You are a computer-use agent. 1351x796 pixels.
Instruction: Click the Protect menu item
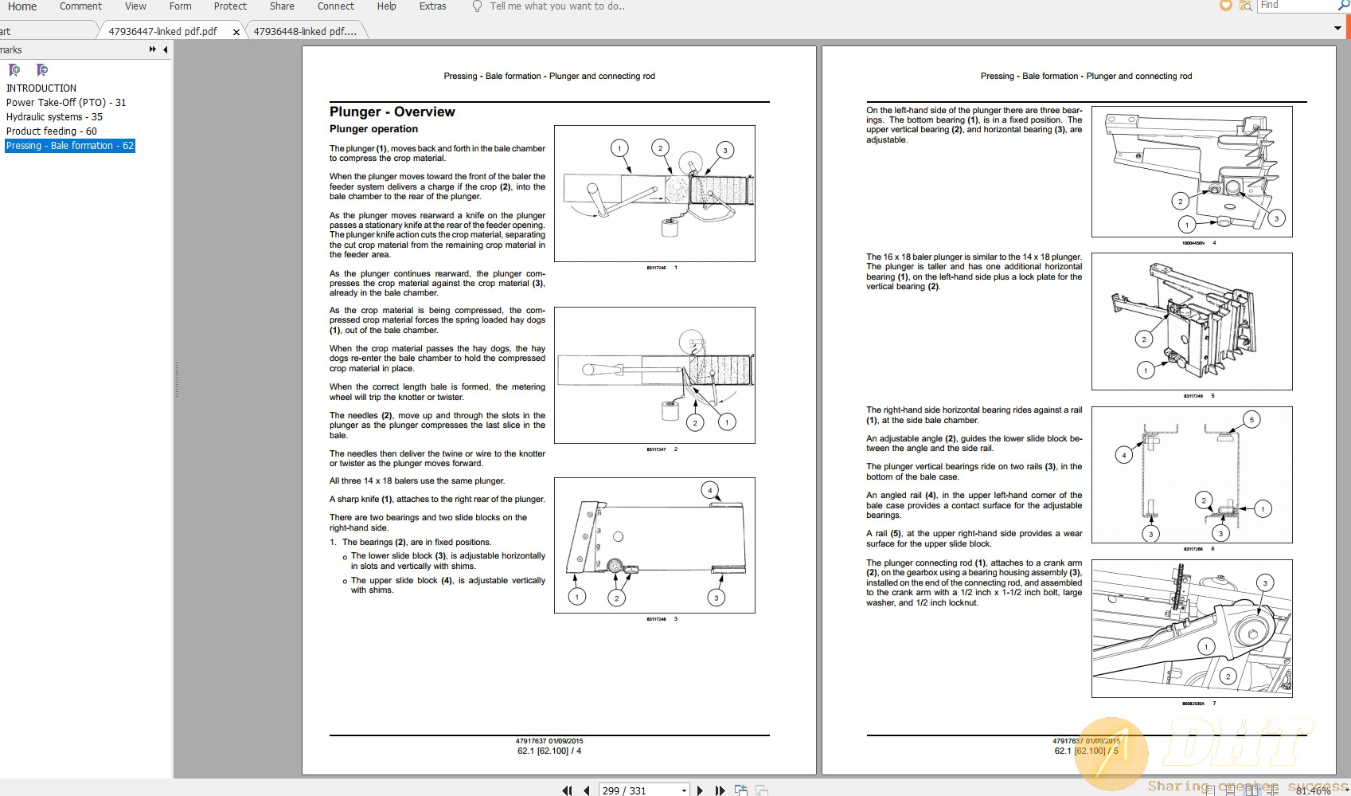tap(230, 6)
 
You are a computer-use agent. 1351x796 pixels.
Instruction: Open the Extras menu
tap(432, 6)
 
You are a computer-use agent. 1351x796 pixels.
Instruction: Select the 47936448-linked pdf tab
tap(304, 31)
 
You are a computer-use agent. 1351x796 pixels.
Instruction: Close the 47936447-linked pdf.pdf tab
tap(236, 32)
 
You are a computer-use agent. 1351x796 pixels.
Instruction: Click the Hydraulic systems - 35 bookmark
tap(54, 117)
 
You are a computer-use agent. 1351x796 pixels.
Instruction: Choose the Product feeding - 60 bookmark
tap(52, 131)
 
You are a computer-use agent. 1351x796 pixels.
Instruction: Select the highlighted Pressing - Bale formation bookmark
tap(70, 146)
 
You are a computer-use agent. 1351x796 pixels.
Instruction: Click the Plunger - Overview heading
tap(392, 112)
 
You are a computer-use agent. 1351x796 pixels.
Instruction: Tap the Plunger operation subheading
tap(373, 129)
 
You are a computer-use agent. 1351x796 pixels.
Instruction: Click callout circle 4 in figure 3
tap(709, 490)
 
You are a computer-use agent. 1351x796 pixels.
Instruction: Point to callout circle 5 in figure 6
tap(1251, 420)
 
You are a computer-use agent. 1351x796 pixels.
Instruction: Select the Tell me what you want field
tap(557, 6)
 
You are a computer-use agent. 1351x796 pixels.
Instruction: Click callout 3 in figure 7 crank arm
tap(1265, 583)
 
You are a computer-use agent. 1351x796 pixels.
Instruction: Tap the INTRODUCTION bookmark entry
tap(41, 88)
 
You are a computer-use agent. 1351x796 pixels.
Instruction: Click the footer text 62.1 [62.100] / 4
tap(549, 751)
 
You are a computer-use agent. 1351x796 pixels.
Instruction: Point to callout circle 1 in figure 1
tap(619, 148)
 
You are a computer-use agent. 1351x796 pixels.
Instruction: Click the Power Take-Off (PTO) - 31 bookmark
tap(66, 103)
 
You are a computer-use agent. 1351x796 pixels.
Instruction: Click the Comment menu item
tap(80, 6)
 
